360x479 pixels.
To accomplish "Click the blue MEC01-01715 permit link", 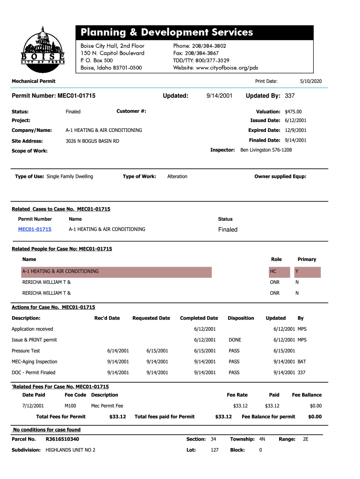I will (35, 229).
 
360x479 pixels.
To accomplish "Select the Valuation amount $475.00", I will (293, 112).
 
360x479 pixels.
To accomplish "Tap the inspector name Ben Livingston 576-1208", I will (266, 150).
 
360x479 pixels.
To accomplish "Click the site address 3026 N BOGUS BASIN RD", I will (92, 141).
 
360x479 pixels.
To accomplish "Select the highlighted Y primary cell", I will (307, 272).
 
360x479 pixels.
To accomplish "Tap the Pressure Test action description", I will (26, 351).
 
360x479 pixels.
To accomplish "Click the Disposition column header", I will (241, 318).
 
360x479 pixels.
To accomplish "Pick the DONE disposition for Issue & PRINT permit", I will (235, 340).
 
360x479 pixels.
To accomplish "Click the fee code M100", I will (70, 406).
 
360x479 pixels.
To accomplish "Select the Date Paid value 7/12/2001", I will (33, 406).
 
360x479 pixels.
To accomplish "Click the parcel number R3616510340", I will (62, 439).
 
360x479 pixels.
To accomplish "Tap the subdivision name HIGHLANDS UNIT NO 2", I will (70, 450).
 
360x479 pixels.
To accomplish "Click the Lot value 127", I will (215, 450).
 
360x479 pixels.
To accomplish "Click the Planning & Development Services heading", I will (166, 32).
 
